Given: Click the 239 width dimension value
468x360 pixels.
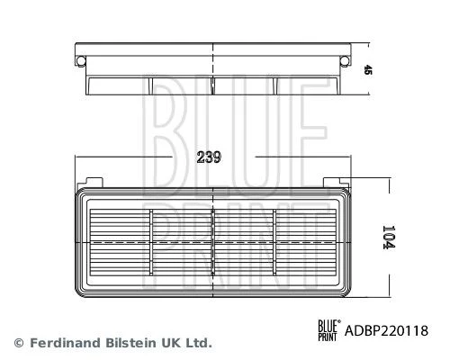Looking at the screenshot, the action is [x=209, y=157].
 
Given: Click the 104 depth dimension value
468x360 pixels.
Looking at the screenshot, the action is [x=389, y=237].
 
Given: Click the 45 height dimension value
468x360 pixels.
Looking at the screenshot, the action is [x=367, y=70].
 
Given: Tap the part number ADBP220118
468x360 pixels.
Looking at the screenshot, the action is [x=386, y=331].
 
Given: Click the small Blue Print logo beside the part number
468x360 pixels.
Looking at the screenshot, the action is [x=329, y=330].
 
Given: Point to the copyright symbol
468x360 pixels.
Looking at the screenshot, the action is [x=19, y=343].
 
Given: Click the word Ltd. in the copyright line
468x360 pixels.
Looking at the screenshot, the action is [x=199, y=343].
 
